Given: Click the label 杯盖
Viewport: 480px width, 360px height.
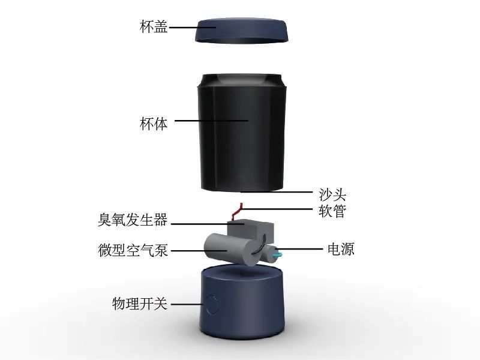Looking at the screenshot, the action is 154,26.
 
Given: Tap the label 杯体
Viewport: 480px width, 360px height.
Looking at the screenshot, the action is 154,124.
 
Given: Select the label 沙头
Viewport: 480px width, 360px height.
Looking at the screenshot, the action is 332,194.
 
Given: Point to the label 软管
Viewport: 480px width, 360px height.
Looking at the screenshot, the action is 332,211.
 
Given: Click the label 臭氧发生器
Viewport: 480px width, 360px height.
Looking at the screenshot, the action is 133,220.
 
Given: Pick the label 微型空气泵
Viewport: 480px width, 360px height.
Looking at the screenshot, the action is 133,250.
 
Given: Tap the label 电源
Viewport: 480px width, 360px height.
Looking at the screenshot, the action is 341,249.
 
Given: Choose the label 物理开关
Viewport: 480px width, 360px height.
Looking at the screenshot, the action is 140,304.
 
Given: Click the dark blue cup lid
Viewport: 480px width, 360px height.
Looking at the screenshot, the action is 242,31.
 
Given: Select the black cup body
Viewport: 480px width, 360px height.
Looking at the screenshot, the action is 242,132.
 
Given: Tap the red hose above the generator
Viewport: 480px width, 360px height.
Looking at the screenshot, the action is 238,212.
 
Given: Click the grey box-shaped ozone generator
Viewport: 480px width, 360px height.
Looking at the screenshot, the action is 250,231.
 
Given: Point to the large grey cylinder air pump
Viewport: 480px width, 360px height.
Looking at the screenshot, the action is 233,250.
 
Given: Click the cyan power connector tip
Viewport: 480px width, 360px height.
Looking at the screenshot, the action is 278,253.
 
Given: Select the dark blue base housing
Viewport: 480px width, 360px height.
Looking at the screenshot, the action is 242,302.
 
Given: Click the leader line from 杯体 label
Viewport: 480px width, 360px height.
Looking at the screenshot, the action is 211,121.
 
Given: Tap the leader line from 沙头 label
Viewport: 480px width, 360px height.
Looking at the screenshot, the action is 277,192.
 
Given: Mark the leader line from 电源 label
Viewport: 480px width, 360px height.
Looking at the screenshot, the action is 299,249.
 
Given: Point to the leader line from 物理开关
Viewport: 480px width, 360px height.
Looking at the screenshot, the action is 187,304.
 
